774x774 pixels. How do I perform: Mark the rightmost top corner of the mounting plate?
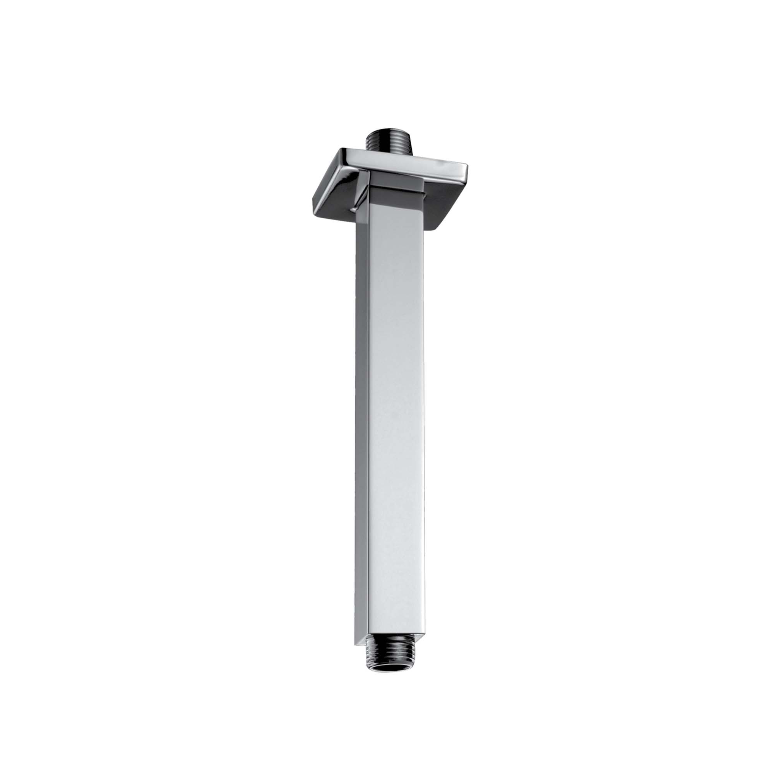467,165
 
